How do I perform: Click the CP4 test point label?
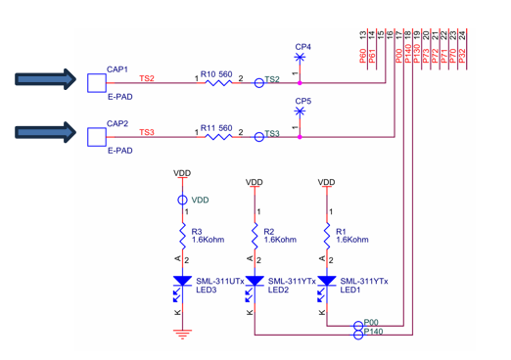coord(302,47)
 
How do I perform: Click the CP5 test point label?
coord(302,101)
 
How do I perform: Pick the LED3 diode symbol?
coord(182,283)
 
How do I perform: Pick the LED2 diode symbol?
coord(255,283)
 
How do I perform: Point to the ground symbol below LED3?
coord(182,334)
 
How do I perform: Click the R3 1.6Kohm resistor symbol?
coord(182,235)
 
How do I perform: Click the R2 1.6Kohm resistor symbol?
coord(255,235)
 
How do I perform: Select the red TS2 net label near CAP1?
coord(147,78)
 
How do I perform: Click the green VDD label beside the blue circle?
coord(200,201)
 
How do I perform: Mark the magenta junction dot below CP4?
coord(300,83)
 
